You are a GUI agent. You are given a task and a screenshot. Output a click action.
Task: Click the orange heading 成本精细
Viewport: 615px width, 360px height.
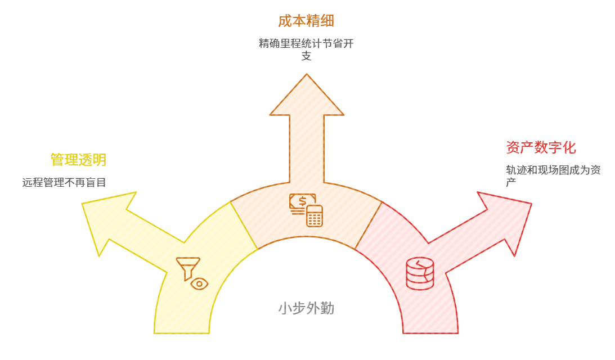point(306,21)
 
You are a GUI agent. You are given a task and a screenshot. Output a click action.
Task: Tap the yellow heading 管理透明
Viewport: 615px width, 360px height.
point(78,160)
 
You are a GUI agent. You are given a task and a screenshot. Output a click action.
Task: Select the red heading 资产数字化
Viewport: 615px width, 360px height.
point(541,148)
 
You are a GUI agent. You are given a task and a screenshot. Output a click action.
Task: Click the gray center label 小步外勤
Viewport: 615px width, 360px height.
point(306,308)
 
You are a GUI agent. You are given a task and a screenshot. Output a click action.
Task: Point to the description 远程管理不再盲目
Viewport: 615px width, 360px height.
point(64,182)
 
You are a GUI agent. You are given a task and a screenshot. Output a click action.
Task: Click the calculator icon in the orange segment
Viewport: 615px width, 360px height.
point(315,216)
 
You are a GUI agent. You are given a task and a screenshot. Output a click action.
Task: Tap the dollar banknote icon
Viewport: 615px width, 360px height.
point(302,201)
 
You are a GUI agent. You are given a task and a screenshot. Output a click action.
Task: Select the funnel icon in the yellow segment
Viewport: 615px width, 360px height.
point(187,267)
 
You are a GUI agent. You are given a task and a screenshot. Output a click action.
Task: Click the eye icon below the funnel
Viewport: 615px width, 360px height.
point(199,283)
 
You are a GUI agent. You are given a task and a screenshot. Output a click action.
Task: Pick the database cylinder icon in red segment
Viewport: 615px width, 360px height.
point(420,273)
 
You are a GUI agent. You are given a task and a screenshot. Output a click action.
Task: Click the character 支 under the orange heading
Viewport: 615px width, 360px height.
point(306,56)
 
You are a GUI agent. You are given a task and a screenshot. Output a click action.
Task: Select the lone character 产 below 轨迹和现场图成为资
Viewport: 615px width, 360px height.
point(511,182)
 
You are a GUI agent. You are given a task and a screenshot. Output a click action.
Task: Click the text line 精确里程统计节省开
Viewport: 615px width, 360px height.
point(306,43)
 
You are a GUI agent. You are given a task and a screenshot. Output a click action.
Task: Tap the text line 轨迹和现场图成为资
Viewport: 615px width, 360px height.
point(553,170)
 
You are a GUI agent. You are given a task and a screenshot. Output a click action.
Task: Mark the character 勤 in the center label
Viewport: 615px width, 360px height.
point(327,308)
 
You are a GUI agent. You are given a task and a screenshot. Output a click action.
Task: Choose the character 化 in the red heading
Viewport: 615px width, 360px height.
point(569,148)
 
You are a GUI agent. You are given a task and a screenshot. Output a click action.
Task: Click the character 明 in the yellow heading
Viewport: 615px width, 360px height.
point(100,160)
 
